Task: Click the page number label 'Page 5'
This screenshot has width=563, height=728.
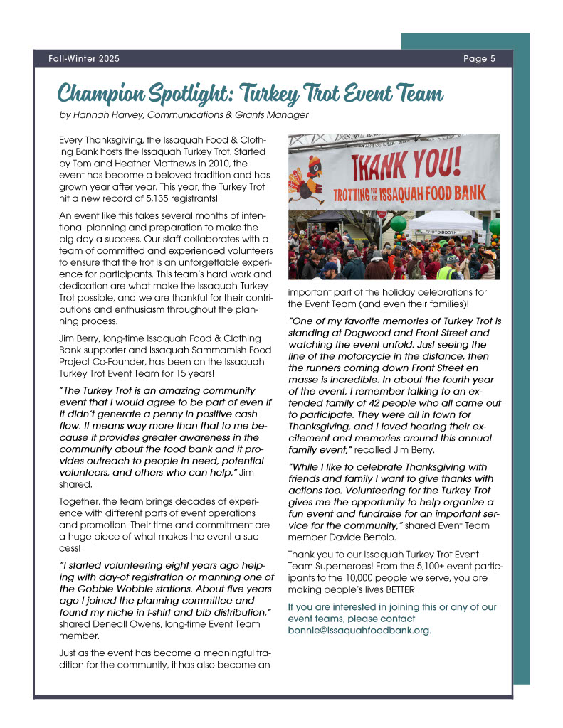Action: click(479, 59)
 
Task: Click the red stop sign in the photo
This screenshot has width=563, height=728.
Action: click(383, 214)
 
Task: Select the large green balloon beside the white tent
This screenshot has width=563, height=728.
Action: click(399, 223)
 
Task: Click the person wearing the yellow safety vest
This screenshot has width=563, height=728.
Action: click(446, 271)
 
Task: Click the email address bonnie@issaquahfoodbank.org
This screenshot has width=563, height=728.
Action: click(359, 630)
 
